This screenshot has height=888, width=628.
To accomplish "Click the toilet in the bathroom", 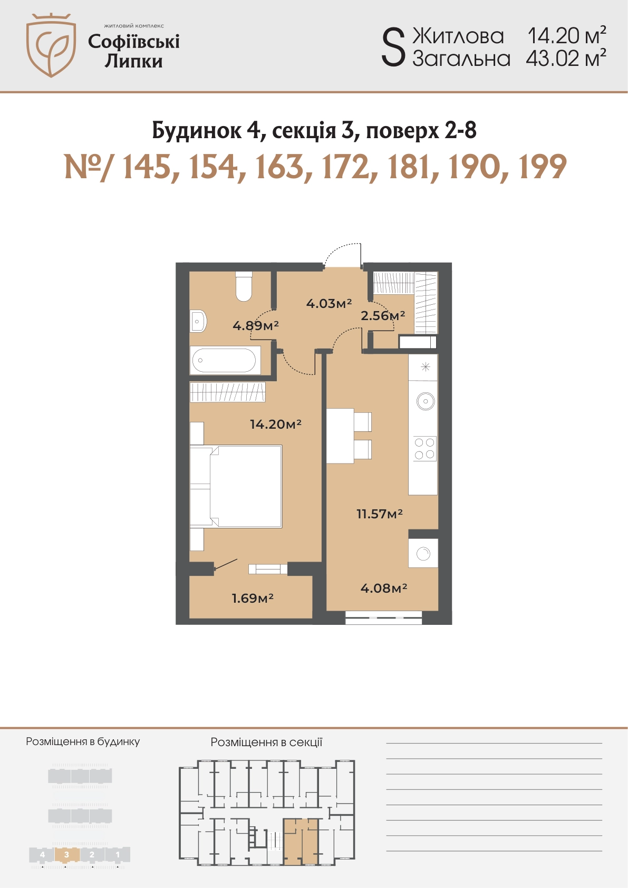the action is click(244, 286).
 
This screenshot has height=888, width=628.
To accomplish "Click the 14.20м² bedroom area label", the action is click(276, 424).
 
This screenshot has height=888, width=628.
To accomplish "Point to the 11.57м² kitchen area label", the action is click(380, 514).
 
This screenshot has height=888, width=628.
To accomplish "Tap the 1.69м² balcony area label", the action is click(253, 598).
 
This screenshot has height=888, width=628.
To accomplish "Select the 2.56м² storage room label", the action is click(383, 315).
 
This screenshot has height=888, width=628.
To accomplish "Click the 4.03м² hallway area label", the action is click(329, 304).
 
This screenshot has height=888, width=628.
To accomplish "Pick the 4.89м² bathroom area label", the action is click(256, 325).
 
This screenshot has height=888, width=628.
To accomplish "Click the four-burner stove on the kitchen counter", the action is click(424, 448).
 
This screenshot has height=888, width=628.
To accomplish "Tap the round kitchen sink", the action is click(426, 401).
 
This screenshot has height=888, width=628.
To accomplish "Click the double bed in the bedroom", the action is click(236, 486).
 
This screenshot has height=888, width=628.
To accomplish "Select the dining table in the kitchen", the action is click(340, 436).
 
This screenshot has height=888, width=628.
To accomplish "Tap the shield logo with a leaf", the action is click(51, 45).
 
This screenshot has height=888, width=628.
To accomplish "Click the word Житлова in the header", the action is click(458, 36).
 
